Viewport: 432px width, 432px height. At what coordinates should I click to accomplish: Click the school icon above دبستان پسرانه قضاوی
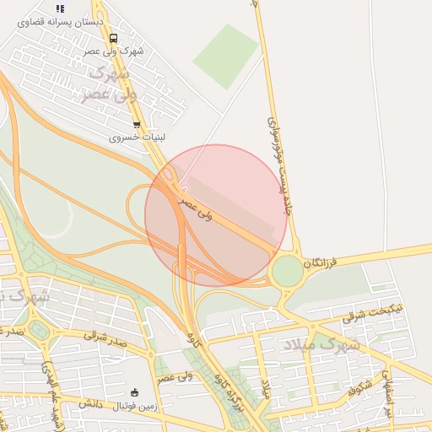(60, 8)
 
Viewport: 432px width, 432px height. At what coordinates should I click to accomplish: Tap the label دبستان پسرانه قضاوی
(60, 21)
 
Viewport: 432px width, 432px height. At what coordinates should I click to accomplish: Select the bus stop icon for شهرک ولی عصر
(113, 38)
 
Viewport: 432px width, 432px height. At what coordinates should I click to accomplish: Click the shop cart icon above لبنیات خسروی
(137, 125)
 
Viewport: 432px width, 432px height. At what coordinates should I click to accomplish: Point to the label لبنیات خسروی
(136, 137)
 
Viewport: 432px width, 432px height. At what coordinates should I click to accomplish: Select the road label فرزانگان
(321, 262)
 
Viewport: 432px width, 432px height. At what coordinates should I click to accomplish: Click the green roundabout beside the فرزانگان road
(287, 271)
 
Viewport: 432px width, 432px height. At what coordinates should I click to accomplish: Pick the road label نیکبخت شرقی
(374, 313)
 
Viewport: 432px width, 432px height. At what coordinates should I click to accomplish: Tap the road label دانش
(90, 405)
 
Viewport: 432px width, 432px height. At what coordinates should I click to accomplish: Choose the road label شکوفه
(359, 387)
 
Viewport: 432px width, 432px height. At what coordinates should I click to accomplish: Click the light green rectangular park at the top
(225, 56)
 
